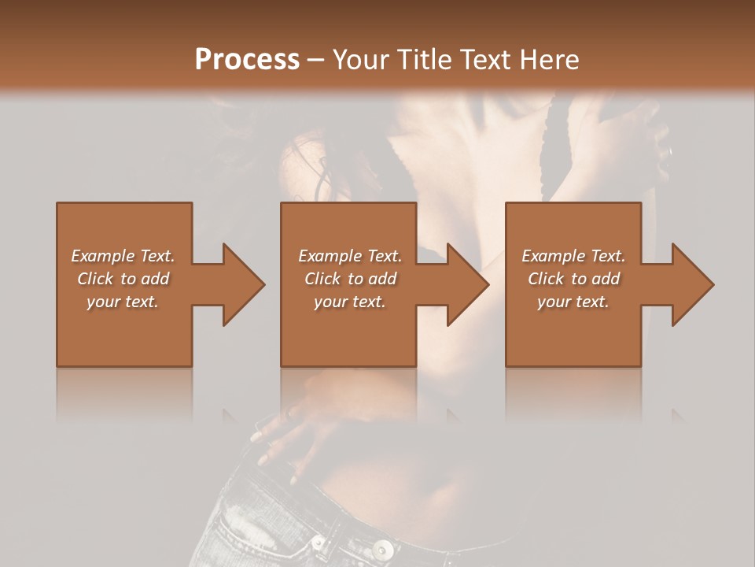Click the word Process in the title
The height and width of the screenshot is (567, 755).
pos(247,60)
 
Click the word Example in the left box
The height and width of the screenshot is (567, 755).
pos(102,256)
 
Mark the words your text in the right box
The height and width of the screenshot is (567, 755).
pos(573,302)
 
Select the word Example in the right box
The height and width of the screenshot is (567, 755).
pos(552,256)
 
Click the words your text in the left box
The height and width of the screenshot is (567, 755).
pos(123,302)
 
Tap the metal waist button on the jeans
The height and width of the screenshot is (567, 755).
pos(382,548)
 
